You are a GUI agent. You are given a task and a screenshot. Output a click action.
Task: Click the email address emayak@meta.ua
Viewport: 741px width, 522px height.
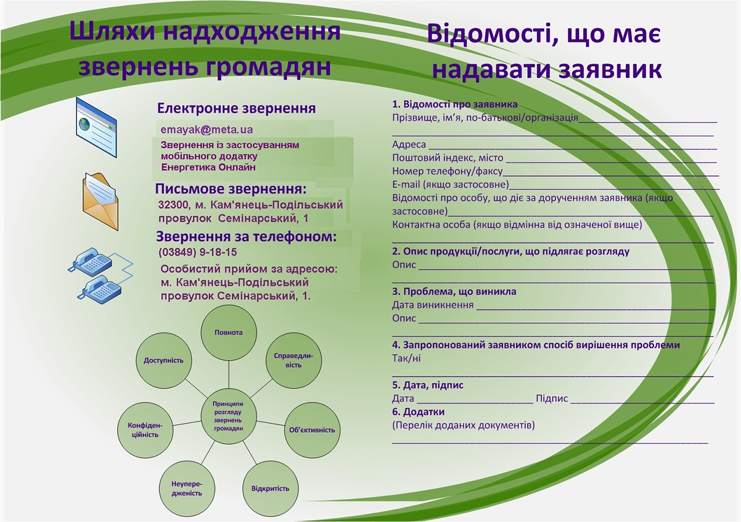(207, 129)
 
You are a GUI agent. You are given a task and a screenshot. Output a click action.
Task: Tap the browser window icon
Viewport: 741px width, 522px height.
(96, 127)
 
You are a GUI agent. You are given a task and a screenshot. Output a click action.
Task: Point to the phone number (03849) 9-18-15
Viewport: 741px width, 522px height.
(198, 252)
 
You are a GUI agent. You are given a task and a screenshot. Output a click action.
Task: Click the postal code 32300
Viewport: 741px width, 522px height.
(174, 205)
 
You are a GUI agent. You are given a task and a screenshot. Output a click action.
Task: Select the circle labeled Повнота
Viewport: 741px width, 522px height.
(229, 332)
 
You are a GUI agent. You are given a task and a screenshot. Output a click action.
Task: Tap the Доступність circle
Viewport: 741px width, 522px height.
(164, 360)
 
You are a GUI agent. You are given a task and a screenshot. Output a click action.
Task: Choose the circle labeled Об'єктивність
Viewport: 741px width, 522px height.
(312, 430)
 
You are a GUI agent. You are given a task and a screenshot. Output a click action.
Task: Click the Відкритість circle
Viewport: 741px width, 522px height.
(271, 488)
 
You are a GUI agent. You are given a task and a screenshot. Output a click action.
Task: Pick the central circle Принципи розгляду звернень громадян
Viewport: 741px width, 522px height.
(229, 416)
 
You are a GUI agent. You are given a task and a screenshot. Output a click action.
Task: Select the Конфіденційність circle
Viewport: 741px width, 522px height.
(145, 430)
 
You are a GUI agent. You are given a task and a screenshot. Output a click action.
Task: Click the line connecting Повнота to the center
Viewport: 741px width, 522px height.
(229, 374)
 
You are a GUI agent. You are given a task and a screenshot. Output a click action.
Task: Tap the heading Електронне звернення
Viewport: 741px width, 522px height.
(236, 108)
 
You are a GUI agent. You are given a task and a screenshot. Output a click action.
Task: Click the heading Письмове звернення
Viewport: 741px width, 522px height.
(231, 189)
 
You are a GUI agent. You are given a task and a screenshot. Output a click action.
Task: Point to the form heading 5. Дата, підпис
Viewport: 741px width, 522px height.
(428, 385)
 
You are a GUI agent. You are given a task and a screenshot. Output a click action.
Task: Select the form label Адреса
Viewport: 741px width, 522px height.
(409, 144)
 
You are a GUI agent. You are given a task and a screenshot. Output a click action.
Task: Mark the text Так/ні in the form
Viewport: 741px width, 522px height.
(406, 358)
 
